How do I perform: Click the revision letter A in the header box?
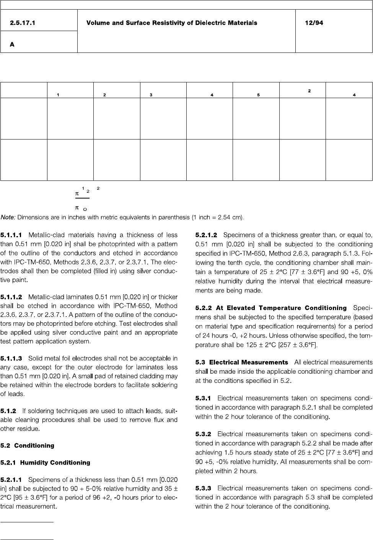click(x=12, y=44)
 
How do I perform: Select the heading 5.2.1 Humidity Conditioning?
click(x=46, y=463)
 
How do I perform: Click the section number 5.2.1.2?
click(x=206, y=235)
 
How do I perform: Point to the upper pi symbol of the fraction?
click(x=77, y=194)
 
